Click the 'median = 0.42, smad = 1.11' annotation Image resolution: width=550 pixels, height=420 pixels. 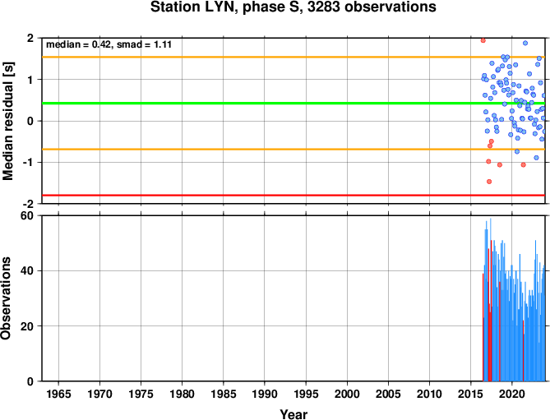tap(109, 44)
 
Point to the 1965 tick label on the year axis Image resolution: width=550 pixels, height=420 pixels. tap(58, 394)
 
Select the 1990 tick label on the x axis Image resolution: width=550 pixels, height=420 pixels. tap(265, 394)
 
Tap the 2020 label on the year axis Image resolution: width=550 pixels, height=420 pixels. tap(511, 394)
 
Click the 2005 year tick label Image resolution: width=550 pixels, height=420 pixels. tap(388, 394)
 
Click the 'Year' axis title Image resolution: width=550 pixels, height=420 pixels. tap(293, 414)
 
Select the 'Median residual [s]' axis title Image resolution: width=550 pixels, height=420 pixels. tap(7, 121)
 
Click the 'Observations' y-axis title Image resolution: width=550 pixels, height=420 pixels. tap(6, 298)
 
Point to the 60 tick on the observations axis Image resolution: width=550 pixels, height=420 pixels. tap(27, 215)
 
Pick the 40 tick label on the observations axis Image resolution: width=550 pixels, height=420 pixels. tap(27, 270)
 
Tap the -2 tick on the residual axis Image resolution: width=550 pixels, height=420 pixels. tap(29, 204)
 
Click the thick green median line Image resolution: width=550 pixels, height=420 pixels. tap(293, 103)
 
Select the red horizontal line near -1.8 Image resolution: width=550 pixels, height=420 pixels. tap(293, 196)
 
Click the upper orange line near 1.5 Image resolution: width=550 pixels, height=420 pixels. tap(293, 57)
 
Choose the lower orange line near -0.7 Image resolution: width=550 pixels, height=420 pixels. tap(293, 150)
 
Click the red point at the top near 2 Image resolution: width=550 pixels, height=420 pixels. tap(483, 40)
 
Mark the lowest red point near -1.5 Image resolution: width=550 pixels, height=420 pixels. tap(489, 182)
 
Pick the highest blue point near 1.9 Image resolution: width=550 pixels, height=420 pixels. tap(525, 43)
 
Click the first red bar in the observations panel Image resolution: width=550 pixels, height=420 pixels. tap(483, 327)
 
